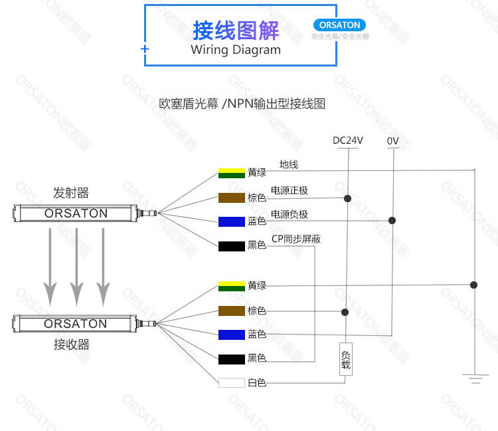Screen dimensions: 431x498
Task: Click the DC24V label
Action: [x=347, y=140]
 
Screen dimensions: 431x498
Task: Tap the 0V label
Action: [x=392, y=140]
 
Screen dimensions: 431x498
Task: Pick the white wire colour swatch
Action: [x=231, y=383]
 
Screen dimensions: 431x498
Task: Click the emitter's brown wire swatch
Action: [x=231, y=198]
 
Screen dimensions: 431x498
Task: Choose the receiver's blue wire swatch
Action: [x=231, y=334]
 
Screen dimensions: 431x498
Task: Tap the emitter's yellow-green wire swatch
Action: [x=231, y=173]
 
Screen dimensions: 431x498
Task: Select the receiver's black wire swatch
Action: [x=231, y=359]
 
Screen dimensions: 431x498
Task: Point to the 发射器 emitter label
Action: [x=71, y=193]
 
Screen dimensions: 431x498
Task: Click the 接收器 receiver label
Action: [x=71, y=344]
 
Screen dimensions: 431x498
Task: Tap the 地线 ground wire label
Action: [x=289, y=164]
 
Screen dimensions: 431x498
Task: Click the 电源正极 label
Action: [x=290, y=191]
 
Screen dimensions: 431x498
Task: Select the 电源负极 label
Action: [x=290, y=214]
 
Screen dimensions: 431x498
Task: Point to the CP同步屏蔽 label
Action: [x=296, y=239]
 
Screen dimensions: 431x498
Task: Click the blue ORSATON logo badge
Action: [x=339, y=25]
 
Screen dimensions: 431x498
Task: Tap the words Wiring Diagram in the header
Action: [x=236, y=50]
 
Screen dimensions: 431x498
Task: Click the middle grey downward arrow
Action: [x=77, y=265]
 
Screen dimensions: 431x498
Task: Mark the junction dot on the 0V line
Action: [x=392, y=220]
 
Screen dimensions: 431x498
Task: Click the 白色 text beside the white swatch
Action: [x=257, y=383]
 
